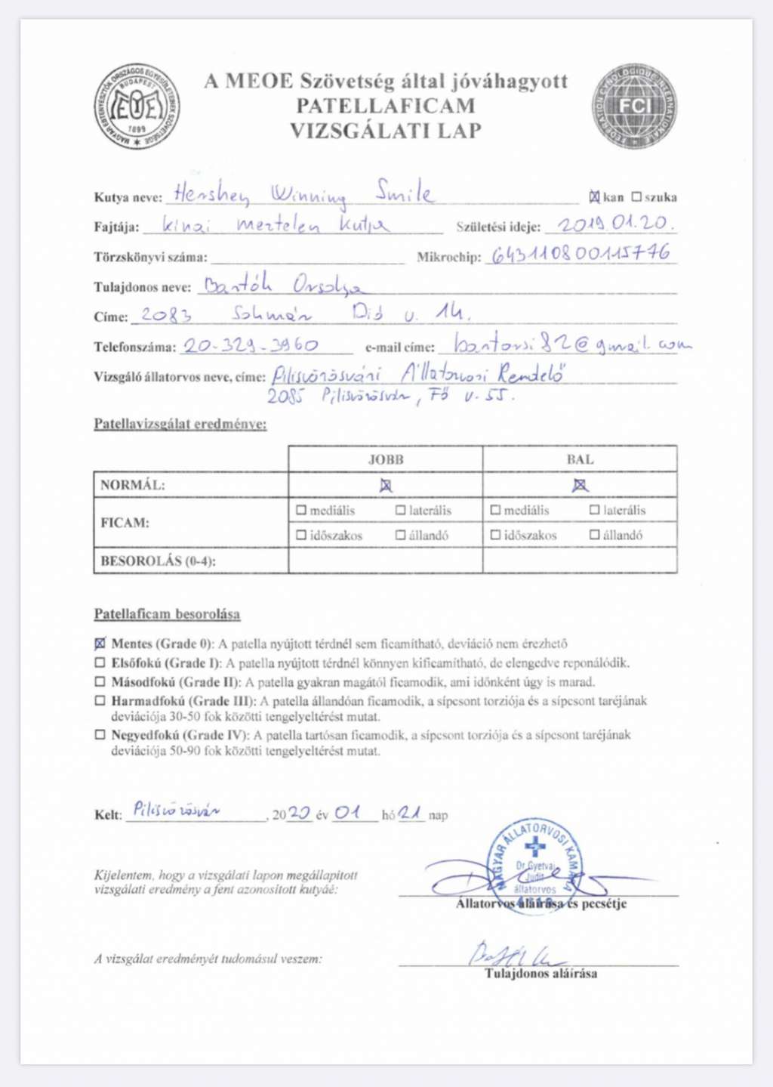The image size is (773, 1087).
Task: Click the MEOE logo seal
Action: point(137,106)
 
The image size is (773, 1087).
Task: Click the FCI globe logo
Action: point(634,106)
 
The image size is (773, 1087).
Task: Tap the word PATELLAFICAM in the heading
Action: point(386,106)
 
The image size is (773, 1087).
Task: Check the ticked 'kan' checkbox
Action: point(595,197)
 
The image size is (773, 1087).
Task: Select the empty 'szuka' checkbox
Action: point(636,197)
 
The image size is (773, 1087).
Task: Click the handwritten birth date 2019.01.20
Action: point(615,224)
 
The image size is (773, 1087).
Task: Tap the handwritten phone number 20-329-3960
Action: point(251,346)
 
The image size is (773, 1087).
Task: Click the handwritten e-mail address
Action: point(572,344)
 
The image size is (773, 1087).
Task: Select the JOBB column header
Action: point(386,459)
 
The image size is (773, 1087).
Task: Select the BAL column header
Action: point(580,459)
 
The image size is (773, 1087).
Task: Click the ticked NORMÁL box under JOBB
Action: point(386,485)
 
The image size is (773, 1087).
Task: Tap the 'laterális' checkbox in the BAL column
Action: point(595,511)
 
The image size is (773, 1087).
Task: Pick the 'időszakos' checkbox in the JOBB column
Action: point(302,535)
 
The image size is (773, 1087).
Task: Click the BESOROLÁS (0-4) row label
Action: point(158,561)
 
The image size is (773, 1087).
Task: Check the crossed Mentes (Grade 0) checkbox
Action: point(100,644)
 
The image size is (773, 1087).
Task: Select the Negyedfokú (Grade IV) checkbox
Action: point(100,735)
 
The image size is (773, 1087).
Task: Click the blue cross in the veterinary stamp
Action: point(535,847)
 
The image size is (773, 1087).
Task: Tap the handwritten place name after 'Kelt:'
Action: point(177,811)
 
